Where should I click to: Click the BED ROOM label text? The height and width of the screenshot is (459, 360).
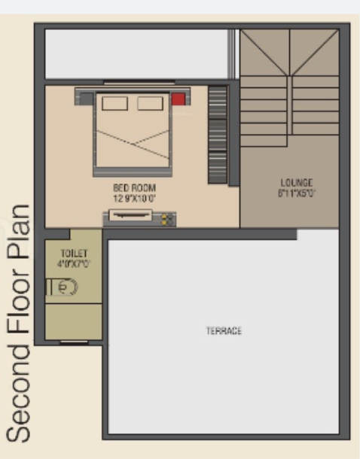click(x=135, y=187)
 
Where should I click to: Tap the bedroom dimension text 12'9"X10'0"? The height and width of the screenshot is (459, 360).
click(x=135, y=198)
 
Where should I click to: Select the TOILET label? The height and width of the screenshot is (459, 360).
click(x=74, y=254)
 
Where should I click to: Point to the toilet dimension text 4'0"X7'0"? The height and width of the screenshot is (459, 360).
click(x=74, y=264)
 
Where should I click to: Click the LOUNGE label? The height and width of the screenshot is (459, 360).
click(x=296, y=183)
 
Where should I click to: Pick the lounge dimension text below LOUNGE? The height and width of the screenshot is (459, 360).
click(x=296, y=193)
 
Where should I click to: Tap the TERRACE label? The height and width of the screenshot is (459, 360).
click(x=224, y=331)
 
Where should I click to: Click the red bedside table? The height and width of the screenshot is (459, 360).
click(x=178, y=99)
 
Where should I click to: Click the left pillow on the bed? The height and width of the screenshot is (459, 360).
click(x=114, y=103)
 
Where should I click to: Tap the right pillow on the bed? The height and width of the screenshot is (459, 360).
click(x=149, y=103)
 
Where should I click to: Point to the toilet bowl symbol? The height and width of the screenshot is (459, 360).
click(x=63, y=287)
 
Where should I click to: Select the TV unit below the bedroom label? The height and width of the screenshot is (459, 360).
click(x=139, y=217)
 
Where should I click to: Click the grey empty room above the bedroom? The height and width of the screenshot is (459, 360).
click(x=136, y=54)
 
